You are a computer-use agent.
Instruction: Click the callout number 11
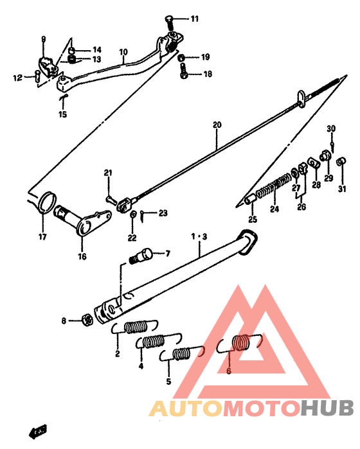tap(194, 18)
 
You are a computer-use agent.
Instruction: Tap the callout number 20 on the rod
tap(217, 125)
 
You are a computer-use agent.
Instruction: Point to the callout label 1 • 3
tap(199, 236)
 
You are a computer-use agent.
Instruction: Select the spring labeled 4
tap(152, 340)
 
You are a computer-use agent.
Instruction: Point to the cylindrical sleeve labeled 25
tap(250, 199)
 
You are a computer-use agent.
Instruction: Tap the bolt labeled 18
tap(184, 74)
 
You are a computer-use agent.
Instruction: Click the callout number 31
tap(342, 189)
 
